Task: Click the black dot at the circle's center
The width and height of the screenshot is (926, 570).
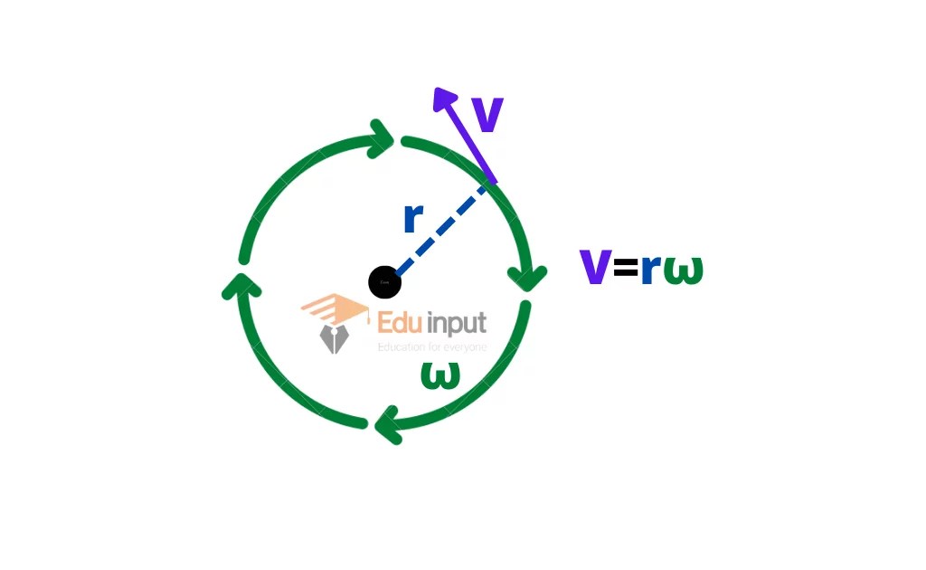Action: (x=384, y=282)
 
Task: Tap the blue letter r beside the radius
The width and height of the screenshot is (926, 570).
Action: (x=413, y=218)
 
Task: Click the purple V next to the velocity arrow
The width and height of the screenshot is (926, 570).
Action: (x=487, y=115)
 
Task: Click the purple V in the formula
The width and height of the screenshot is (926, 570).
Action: (x=594, y=268)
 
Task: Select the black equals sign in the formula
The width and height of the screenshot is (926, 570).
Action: (x=625, y=269)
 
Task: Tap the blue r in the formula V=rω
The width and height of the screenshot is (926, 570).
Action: (x=649, y=270)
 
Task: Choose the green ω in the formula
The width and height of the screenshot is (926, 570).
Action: (x=683, y=270)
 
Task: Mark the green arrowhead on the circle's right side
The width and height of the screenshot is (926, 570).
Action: (x=529, y=275)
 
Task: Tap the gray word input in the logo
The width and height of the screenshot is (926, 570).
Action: (x=457, y=324)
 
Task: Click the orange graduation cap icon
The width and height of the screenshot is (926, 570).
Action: (x=334, y=309)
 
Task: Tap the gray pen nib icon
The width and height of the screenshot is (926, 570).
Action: (x=334, y=338)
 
